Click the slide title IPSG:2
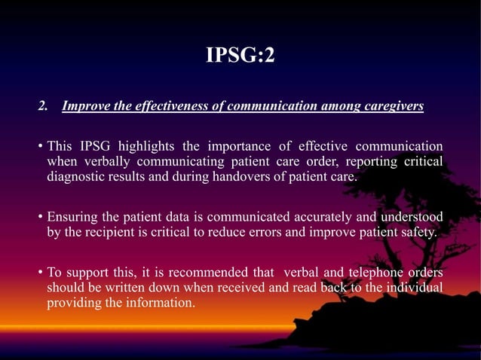(240, 55)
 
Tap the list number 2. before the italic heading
(43, 106)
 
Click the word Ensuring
(72, 218)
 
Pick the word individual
(414, 288)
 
